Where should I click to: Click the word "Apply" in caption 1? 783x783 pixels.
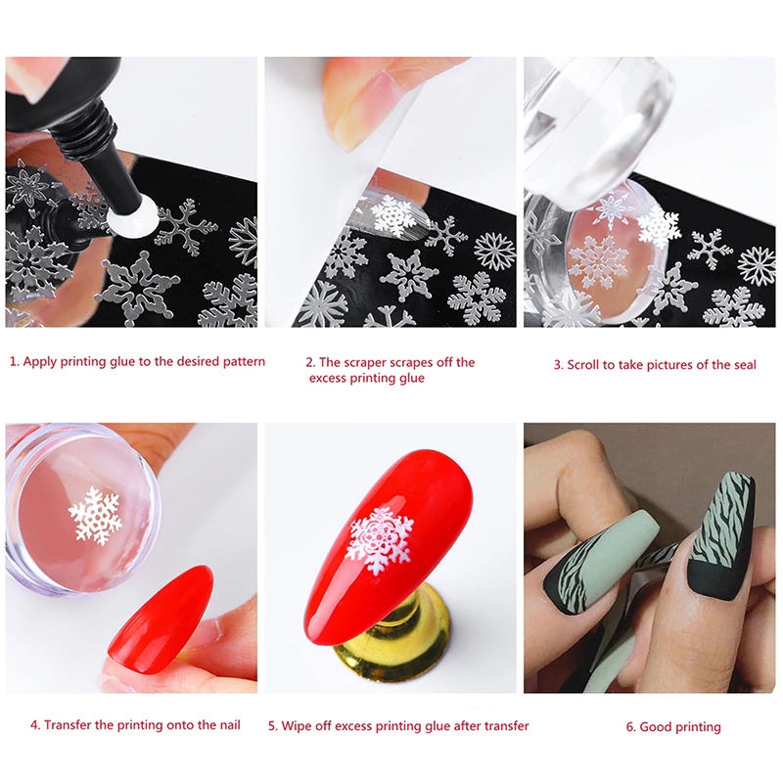tap(39, 362)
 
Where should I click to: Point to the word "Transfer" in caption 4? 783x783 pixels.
tap(67, 725)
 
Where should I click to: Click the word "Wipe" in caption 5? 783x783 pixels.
tap(296, 725)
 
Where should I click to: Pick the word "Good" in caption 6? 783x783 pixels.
tap(655, 726)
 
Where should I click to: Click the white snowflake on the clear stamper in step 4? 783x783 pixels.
tap(95, 515)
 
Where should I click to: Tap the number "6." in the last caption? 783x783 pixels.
tap(631, 727)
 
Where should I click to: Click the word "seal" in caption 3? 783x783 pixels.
tap(745, 365)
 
